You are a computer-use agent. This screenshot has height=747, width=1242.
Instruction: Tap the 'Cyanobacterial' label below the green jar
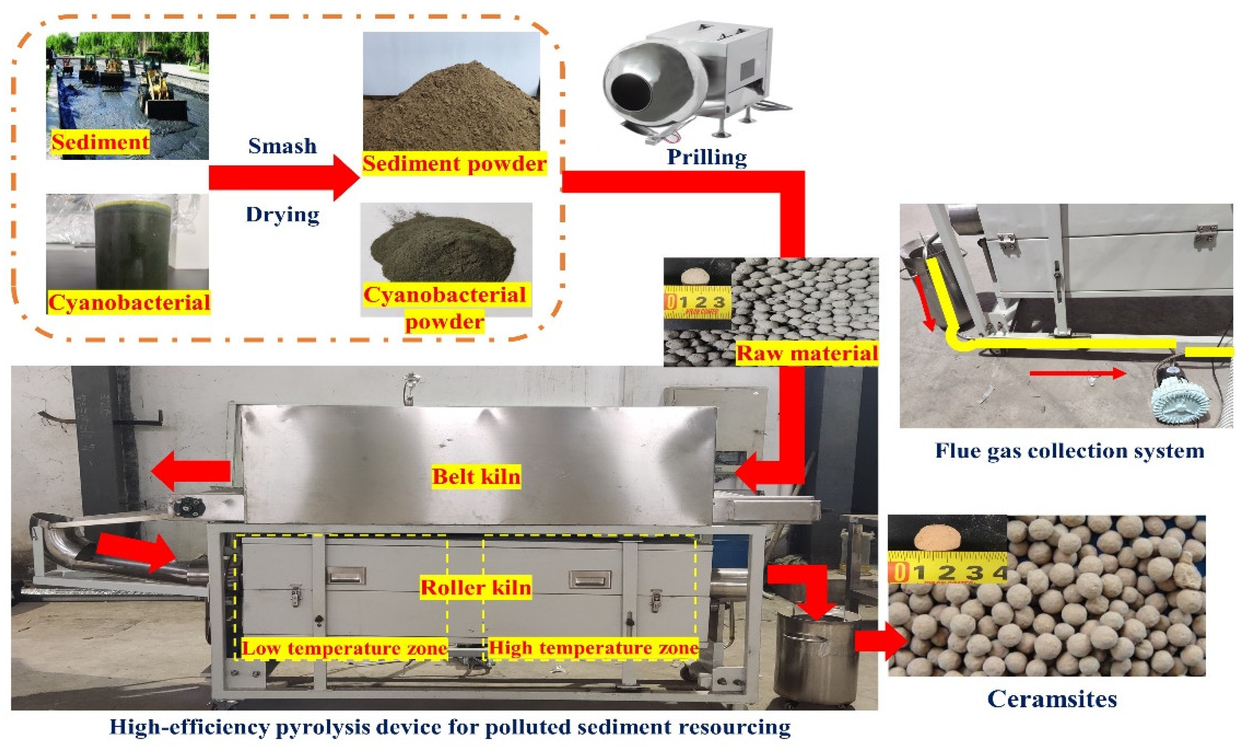pyautogui.click(x=129, y=303)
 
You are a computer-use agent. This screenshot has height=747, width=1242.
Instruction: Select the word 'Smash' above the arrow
pyautogui.click(x=282, y=146)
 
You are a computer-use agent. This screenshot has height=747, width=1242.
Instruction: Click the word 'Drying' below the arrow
pyautogui.click(x=282, y=215)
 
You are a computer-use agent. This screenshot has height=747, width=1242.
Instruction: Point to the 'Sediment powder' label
pyautogui.click(x=454, y=164)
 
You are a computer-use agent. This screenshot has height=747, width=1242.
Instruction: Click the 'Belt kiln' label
pyautogui.click(x=476, y=476)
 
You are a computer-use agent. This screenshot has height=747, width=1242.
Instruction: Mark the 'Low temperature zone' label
pyautogui.click(x=344, y=648)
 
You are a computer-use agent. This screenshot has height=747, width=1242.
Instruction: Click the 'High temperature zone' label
pyautogui.click(x=594, y=647)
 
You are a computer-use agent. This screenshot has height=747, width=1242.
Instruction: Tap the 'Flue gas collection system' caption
pyautogui.click(x=1069, y=450)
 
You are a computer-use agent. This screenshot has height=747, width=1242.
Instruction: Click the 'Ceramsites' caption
pyautogui.click(x=1052, y=699)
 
